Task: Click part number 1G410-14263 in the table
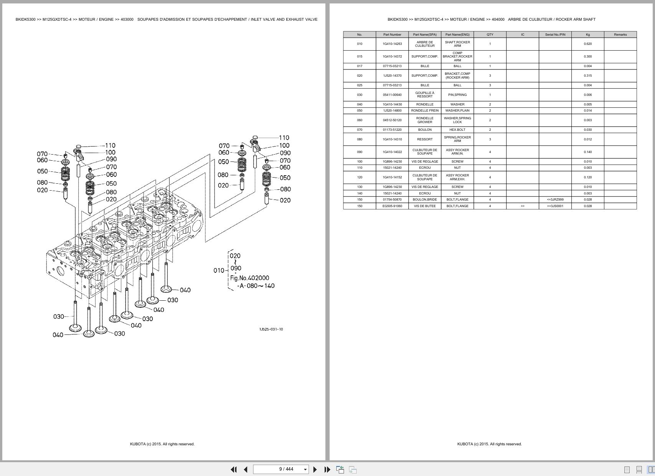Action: pyautogui.click(x=392, y=44)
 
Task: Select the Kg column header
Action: pyautogui.click(x=587, y=35)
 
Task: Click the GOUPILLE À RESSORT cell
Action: pyautogui.click(x=425, y=95)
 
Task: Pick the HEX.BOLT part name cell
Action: pyautogui.click(x=457, y=130)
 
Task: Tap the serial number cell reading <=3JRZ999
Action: pyautogui.click(x=555, y=199)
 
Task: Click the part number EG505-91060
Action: pyautogui.click(x=392, y=206)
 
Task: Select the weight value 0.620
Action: pyautogui.click(x=587, y=44)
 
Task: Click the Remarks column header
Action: pyautogui.click(x=620, y=35)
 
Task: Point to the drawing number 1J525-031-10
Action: pyautogui.click(x=271, y=329)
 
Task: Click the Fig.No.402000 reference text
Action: pyautogui.click(x=249, y=278)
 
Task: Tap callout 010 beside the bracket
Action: pyautogui.click(x=218, y=270)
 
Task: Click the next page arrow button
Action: pyautogui.click(x=315, y=469)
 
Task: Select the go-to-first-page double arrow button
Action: pyautogui.click(x=233, y=469)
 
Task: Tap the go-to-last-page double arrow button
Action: pyautogui.click(x=327, y=469)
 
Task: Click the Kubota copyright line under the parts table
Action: pyautogui.click(x=489, y=444)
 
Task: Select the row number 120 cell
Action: pyautogui.click(x=360, y=177)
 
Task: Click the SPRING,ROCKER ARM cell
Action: pyautogui.click(x=457, y=139)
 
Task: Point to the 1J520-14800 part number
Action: pyautogui.click(x=392, y=110)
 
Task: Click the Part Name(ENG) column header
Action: pyautogui.click(x=457, y=35)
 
